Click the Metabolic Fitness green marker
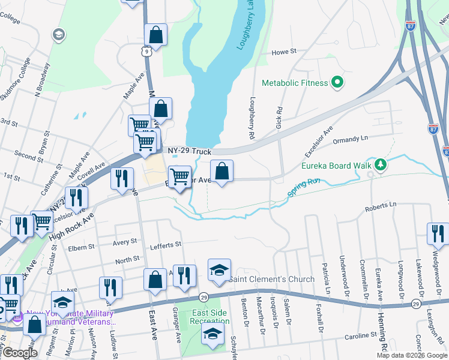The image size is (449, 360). click(337, 82)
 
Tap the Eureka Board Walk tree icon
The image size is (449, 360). click(379, 164)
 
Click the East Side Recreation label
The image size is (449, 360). click(210, 317)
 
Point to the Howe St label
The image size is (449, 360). click(285, 52)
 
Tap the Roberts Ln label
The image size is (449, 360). click(384, 205)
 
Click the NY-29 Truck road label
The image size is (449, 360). click(190, 152)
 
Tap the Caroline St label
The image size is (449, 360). click(360, 336)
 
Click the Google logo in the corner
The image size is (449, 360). click(19, 353)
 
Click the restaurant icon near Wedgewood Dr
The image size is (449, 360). click(438, 233)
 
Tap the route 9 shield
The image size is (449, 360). click(147, 52)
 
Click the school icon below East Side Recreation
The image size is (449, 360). click(212, 335)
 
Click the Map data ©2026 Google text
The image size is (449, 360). click(412, 355)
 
